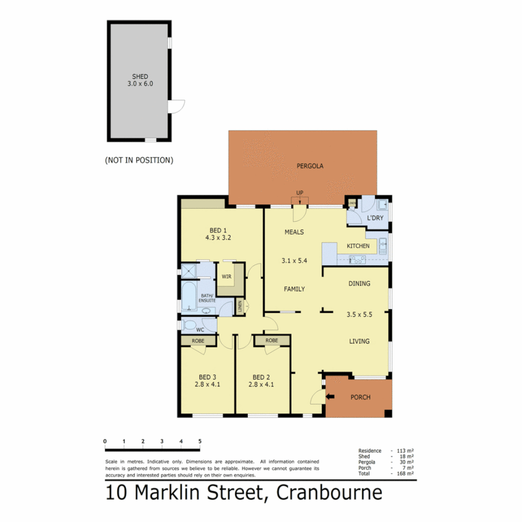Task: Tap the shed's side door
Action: point(177,106)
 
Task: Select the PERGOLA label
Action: point(309,166)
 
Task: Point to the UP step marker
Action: point(300,193)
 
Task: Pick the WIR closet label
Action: point(226,276)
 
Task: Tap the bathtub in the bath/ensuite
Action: point(188,295)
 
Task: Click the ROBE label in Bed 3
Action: point(198,340)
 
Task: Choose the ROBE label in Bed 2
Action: point(272,340)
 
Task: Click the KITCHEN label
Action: point(358,246)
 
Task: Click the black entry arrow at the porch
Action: point(331,397)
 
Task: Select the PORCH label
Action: point(360,397)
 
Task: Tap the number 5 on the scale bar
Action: point(199,441)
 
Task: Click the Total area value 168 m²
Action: point(406,474)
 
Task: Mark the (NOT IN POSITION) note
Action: point(139,159)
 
